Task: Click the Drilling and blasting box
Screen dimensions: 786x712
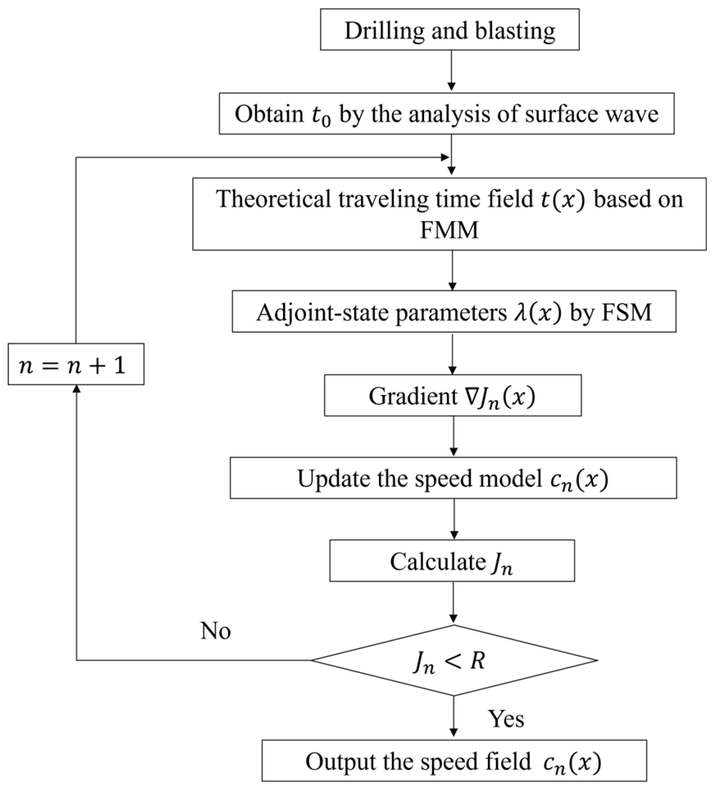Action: click(449, 30)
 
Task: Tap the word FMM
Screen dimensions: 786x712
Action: click(449, 230)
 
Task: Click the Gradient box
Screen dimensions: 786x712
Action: click(452, 395)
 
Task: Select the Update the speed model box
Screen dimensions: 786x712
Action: click(453, 478)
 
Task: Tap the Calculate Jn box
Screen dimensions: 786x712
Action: click(451, 561)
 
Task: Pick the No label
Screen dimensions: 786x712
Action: click(215, 631)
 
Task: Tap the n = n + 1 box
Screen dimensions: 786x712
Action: click(76, 364)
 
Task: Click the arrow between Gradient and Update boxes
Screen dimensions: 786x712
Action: click(453, 436)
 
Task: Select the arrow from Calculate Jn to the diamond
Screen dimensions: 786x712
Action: click(453, 602)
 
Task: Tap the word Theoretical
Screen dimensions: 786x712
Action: click(273, 200)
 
